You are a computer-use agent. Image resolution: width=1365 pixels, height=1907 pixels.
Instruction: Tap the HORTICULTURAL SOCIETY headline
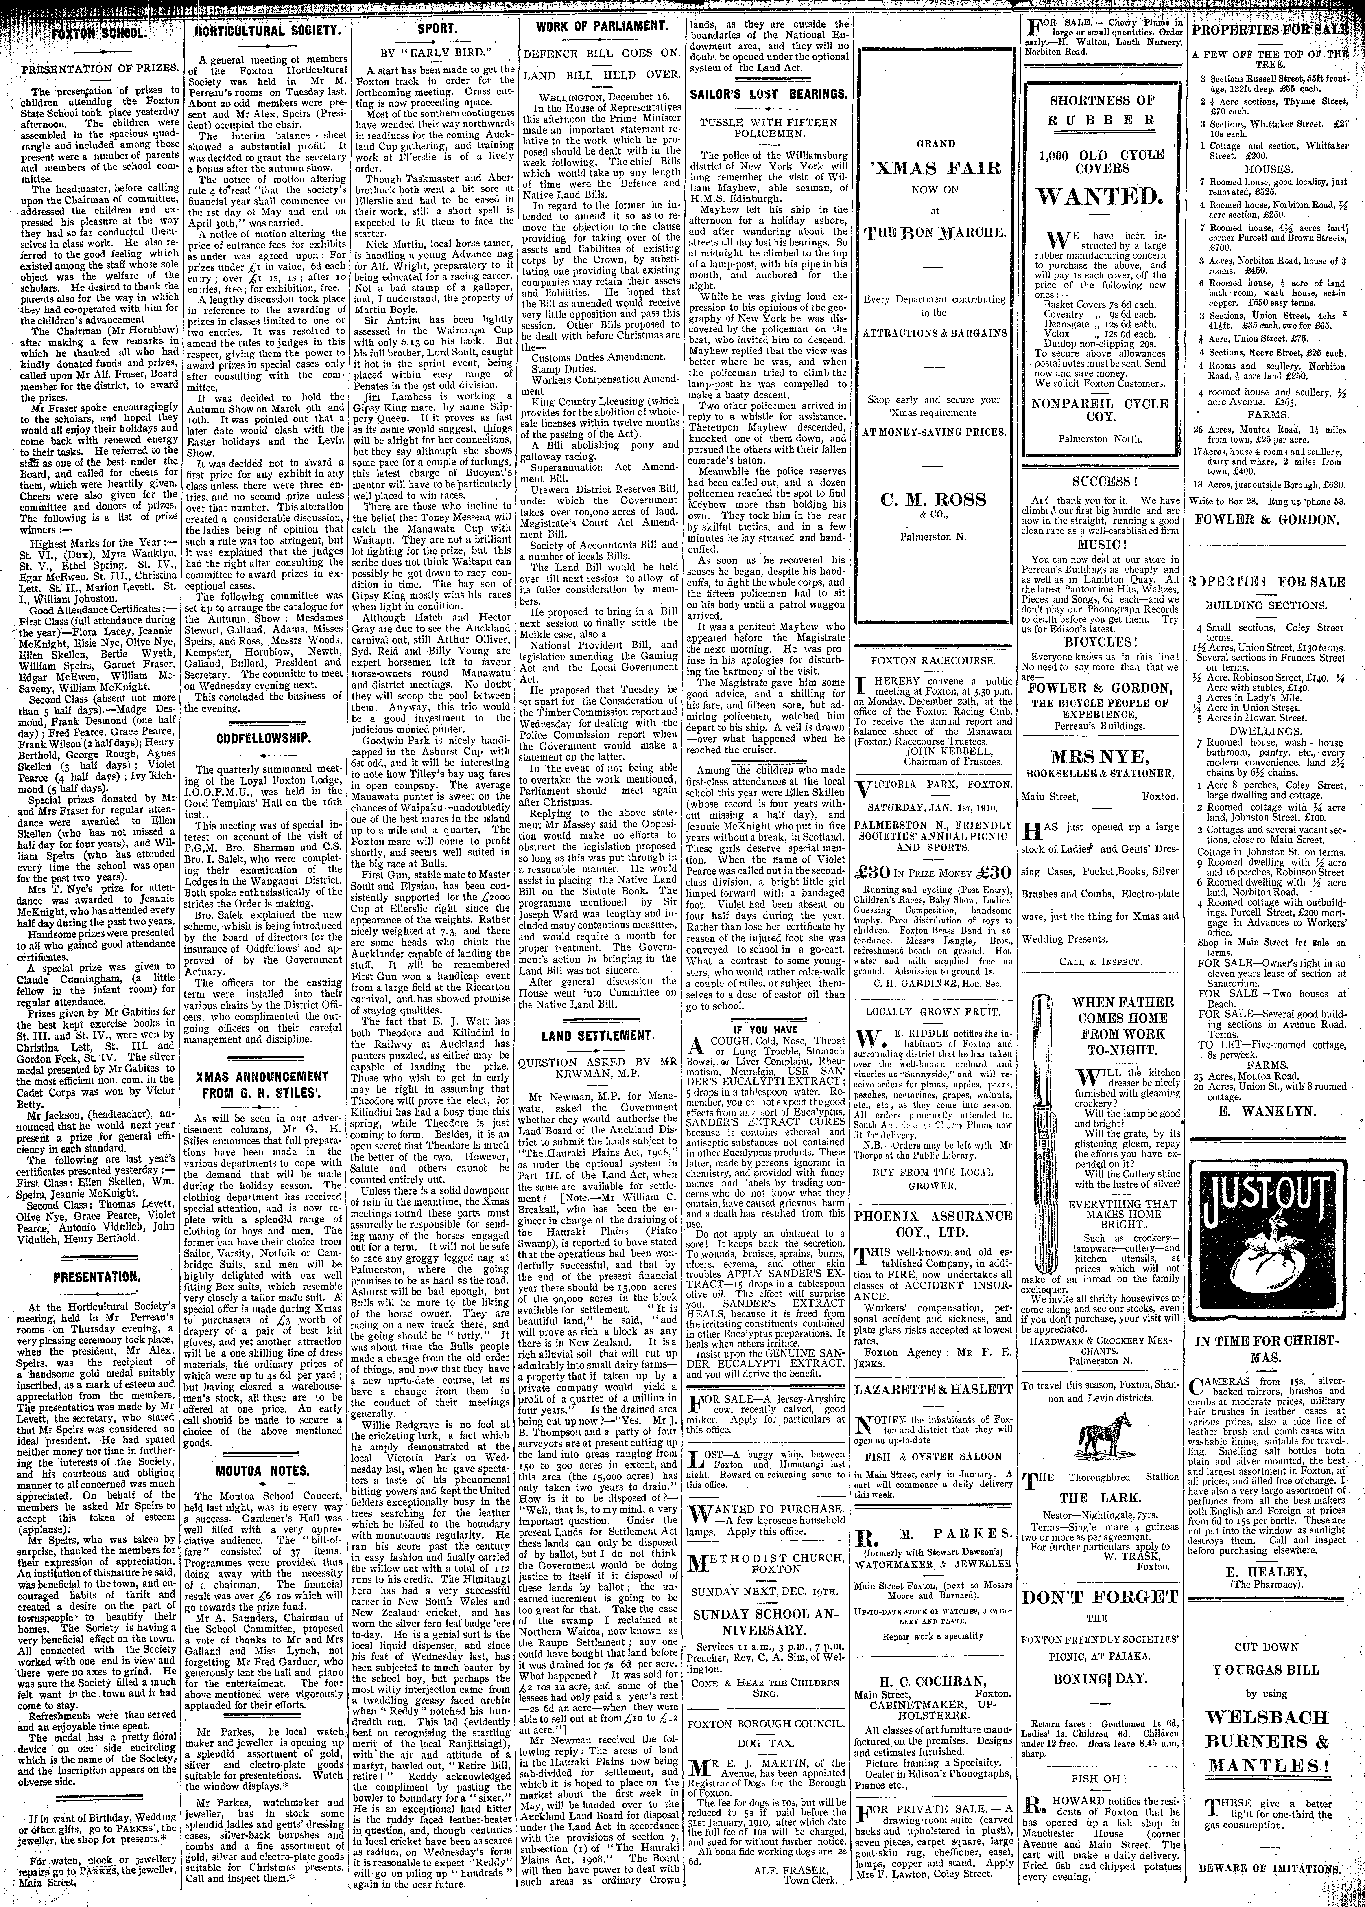266,31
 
